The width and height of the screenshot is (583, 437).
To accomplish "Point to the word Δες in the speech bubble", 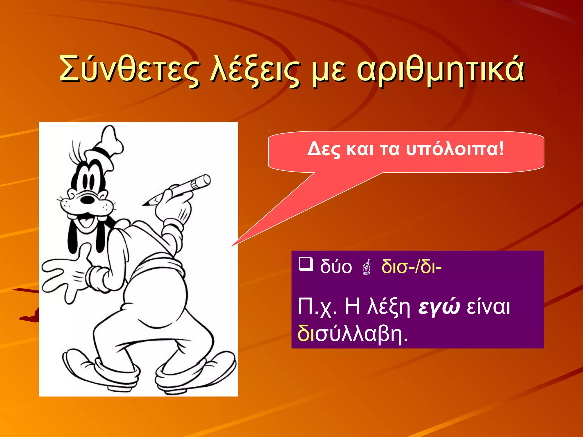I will (x=324, y=149).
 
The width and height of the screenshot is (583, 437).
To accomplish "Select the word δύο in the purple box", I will (x=336, y=267).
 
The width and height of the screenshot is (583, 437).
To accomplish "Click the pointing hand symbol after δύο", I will (x=367, y=267).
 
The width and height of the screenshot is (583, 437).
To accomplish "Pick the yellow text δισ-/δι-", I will (x=411, y=267).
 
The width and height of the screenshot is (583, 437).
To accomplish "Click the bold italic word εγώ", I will (x=439, y=307).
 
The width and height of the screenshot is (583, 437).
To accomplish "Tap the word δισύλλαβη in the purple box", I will (x=352, y=333).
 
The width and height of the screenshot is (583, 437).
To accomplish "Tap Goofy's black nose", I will (x=87, y=199).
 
